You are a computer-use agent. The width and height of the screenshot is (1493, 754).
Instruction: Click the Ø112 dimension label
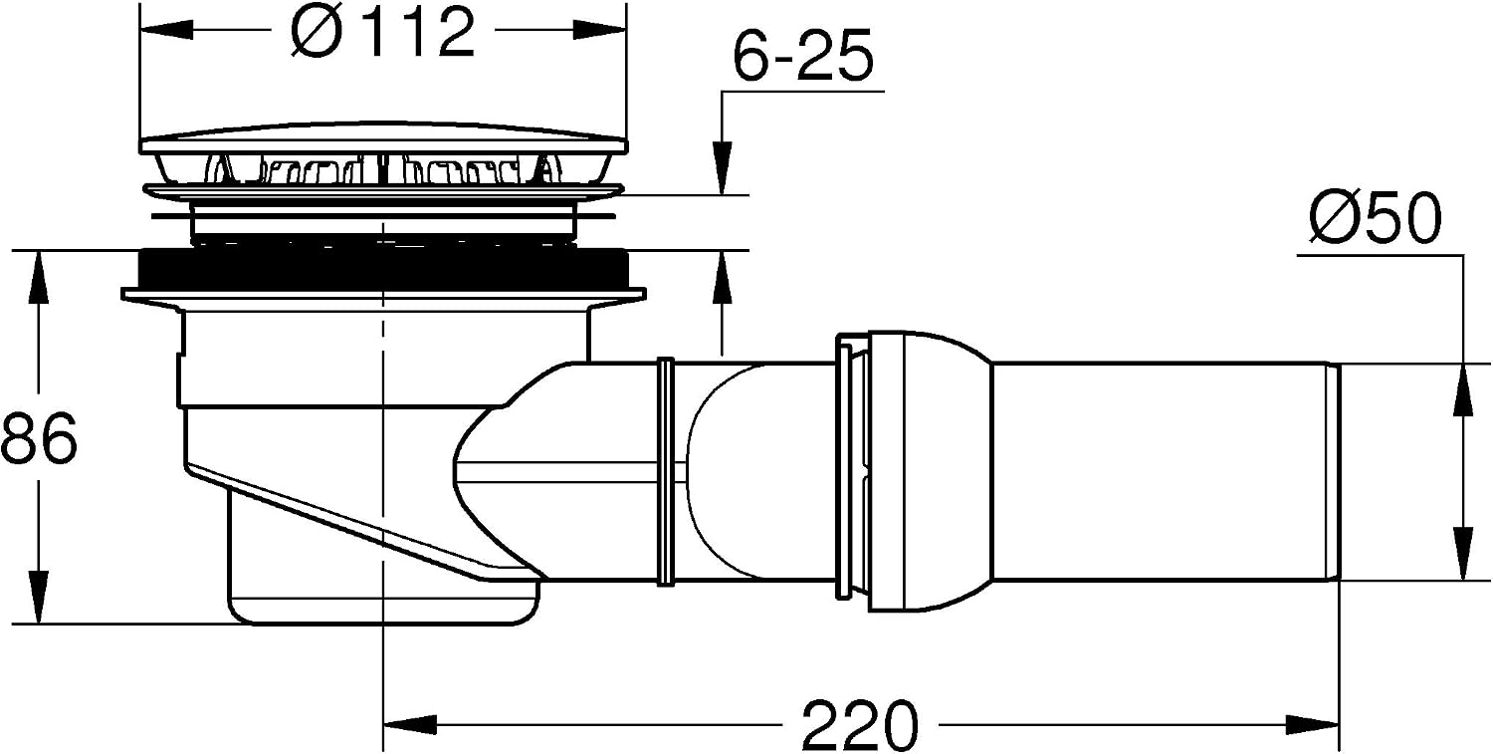pos(382,32)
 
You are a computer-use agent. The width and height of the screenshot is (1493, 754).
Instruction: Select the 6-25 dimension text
pos(802,55)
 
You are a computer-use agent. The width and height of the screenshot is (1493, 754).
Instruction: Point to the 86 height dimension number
pos(39,437)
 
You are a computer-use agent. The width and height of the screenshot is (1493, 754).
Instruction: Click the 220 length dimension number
pos(860,725)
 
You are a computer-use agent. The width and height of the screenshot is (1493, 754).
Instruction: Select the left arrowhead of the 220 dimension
pos(410,725)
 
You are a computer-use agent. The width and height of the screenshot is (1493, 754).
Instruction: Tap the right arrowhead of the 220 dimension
pos(1313,725)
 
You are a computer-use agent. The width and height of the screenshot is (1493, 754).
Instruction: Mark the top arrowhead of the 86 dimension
pos(39,278)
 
